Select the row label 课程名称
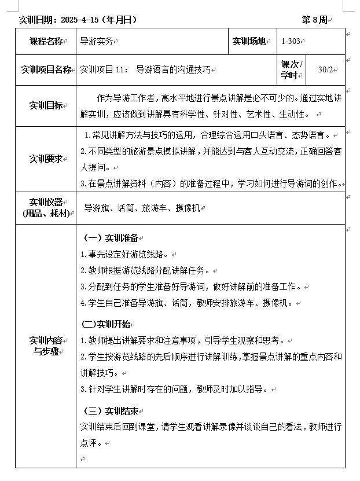click(46, 41)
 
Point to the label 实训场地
click(249, 41)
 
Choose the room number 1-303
click(291, 42)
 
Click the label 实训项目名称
click(46, 70)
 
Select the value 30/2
click(326, 70)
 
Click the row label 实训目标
click(46, 105)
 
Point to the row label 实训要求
click(46, 159)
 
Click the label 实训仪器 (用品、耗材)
click(46, 208)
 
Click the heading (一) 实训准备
click(111, 238)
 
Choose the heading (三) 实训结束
click(111, 412)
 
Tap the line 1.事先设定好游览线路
click(124, 254)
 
